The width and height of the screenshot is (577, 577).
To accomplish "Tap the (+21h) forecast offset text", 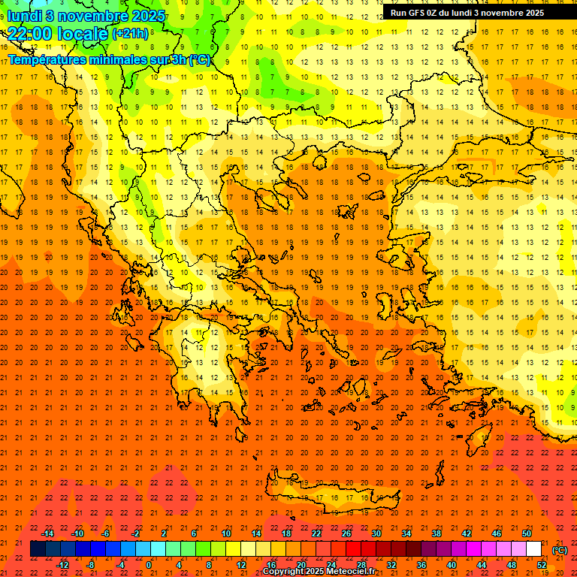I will tap(129, 33).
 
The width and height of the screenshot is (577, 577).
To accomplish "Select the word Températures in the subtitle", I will tap(46, 59).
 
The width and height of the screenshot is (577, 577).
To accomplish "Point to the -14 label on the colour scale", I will tap(47, 533).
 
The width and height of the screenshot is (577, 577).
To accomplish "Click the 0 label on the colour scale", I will tap(149, 565).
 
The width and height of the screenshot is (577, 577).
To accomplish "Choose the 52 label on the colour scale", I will tap(542, 565).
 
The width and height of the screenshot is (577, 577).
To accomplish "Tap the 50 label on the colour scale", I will tap(527, 533).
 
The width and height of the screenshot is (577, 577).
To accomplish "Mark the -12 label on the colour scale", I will tap(62, 565).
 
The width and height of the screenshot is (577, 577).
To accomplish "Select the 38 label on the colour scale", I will tap(436, 533).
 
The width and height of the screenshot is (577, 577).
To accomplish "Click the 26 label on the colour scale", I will tap(346, 533).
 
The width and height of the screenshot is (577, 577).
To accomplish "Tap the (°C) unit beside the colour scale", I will tap(560, 550).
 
